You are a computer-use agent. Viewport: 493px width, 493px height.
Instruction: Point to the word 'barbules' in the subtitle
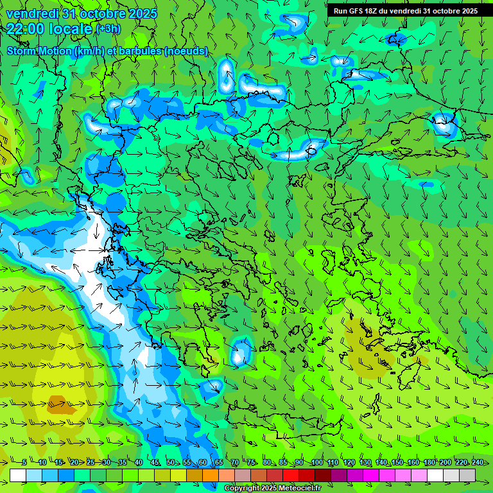pyautogui.click(x=141, y=51)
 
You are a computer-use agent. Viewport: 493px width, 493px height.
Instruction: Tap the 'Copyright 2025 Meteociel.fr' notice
pyautogui.click(x=273, y=489)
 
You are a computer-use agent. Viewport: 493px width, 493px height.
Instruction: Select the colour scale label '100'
pyautogui.click(x=316, y=463)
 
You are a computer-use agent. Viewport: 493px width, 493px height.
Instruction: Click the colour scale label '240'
pyautogui.click(x=477, y=463)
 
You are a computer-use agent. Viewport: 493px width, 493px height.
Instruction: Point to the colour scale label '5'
pyautogui.click(x=24, y=463)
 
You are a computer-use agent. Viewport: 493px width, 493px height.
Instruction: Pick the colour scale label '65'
pyautogui.click(x=219, y=463)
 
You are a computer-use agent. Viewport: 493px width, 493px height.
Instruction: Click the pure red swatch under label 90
pyautogui.click(x=291, y=475)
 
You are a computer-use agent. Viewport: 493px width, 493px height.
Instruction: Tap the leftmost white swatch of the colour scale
pyautogui.click(x=18, y=475)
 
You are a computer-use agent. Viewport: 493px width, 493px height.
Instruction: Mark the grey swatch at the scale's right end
pyautogui.click(x=468, y=475)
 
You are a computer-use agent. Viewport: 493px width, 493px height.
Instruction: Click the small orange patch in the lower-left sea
pyautogui.click(x=58, y=404)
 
